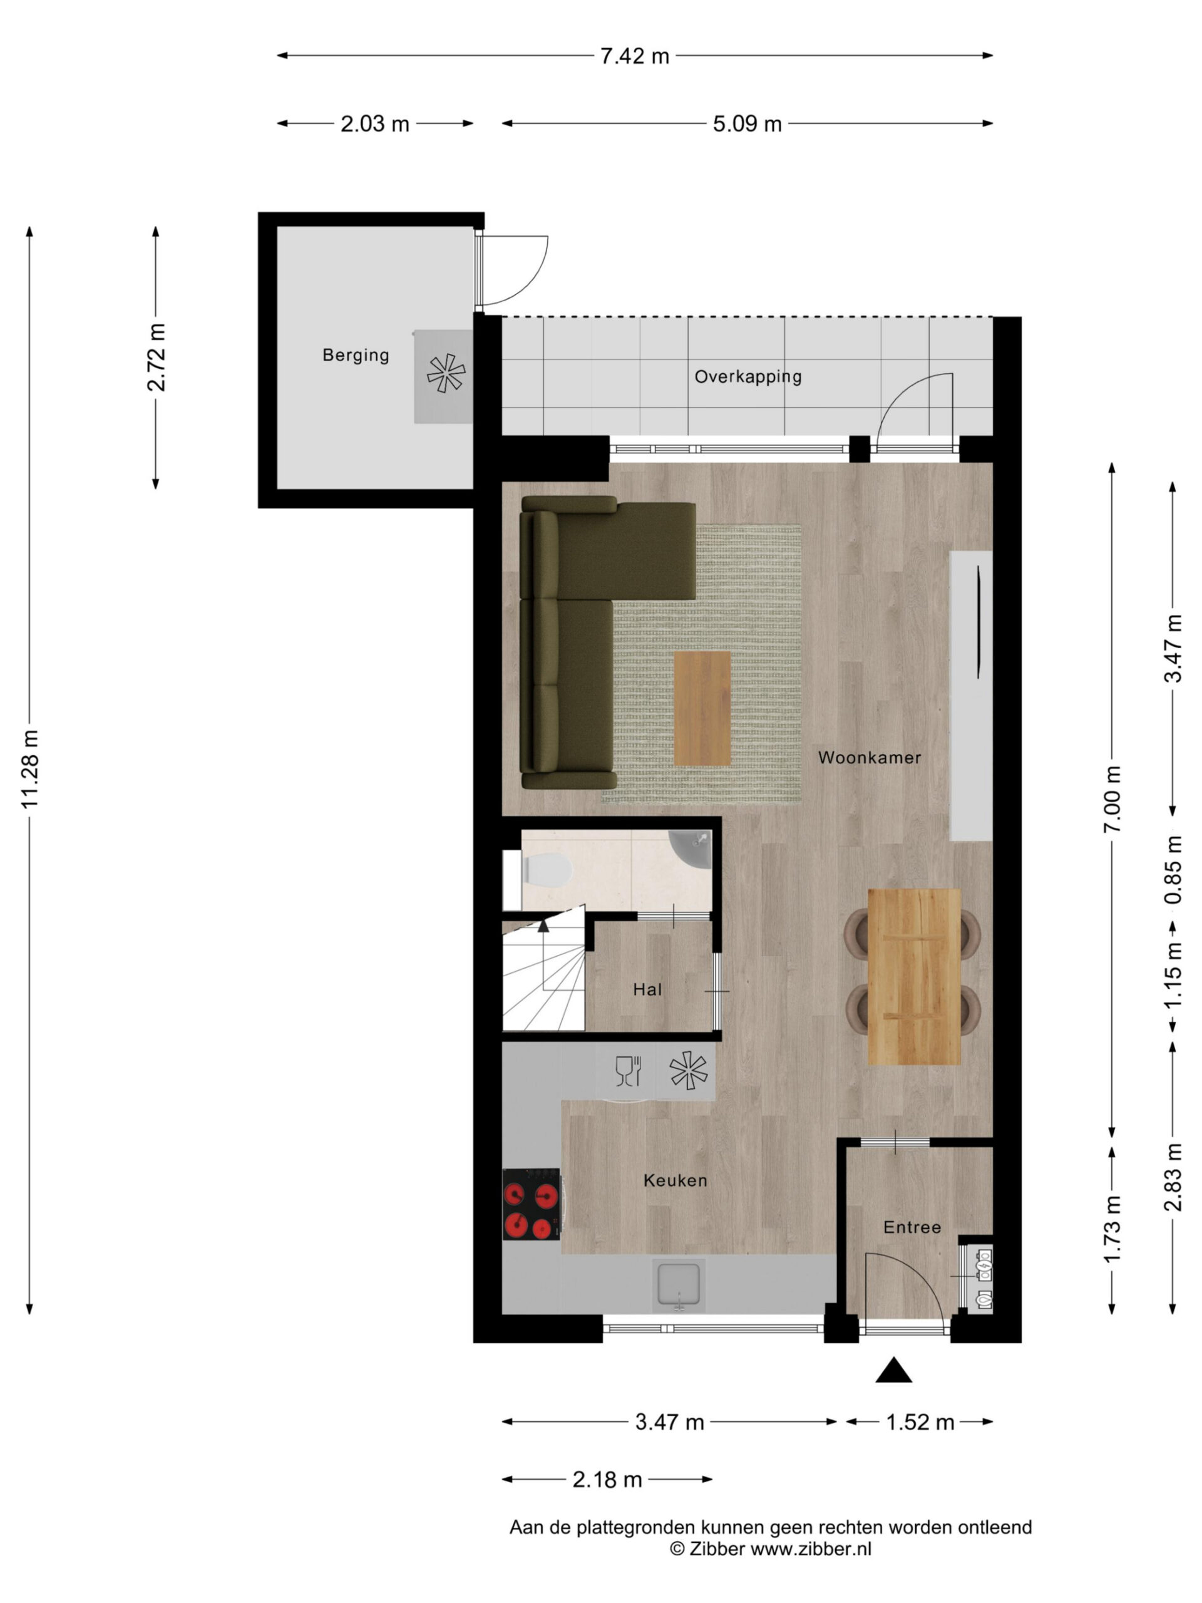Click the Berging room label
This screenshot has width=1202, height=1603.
click(x=355, y=355)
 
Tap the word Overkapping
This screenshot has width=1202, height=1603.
click(x=747, y=377)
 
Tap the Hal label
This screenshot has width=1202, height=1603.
click(x=647, y=989)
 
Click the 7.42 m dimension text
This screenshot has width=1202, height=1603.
click(x=635, y=56)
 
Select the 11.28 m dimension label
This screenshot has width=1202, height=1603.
click(x=29, y=770)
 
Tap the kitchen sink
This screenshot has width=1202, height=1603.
click(x=678, y=1286)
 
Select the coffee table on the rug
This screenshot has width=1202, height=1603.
click(x=702, y=708)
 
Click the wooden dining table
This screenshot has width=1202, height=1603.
click(x=915, y=976)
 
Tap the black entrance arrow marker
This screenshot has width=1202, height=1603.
click(x=893, y=1370)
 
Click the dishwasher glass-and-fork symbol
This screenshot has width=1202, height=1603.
click(x=628, y=1072)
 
